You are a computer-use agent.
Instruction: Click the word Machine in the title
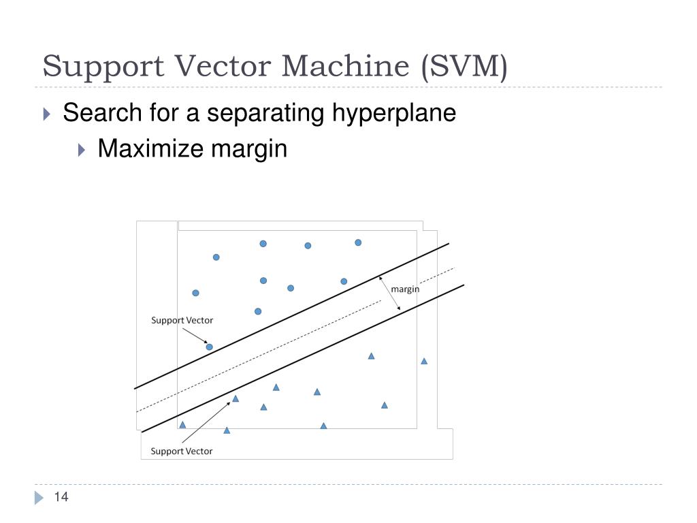[x=345, y=66]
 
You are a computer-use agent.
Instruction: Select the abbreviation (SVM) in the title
[x=464, y=67]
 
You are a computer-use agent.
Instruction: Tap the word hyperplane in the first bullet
[x=394, y=113]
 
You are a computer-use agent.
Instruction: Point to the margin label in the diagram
[x=405, y=289]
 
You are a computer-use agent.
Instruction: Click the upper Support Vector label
[x=182, y=320]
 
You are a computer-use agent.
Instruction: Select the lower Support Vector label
[x=181, y=451]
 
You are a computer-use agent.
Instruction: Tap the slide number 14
[x=61, y=496]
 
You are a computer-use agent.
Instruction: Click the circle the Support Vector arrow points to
[x=210, y=347]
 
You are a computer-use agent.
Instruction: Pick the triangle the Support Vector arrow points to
[x=236, y=399]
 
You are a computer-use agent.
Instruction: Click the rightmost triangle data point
[x=424, y=361]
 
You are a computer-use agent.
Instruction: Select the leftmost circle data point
[x=195, y=293]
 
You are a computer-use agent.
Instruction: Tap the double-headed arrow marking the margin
[x=389, y=293]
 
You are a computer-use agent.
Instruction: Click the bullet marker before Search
[x=47, y=114]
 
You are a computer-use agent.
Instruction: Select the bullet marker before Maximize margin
[x=82, y=150]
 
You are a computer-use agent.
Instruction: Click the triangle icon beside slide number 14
[x=39, y=498]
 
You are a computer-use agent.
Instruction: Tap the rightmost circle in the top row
[x=358, y=242]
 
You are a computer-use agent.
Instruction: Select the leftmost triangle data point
[x=182, y=425]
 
